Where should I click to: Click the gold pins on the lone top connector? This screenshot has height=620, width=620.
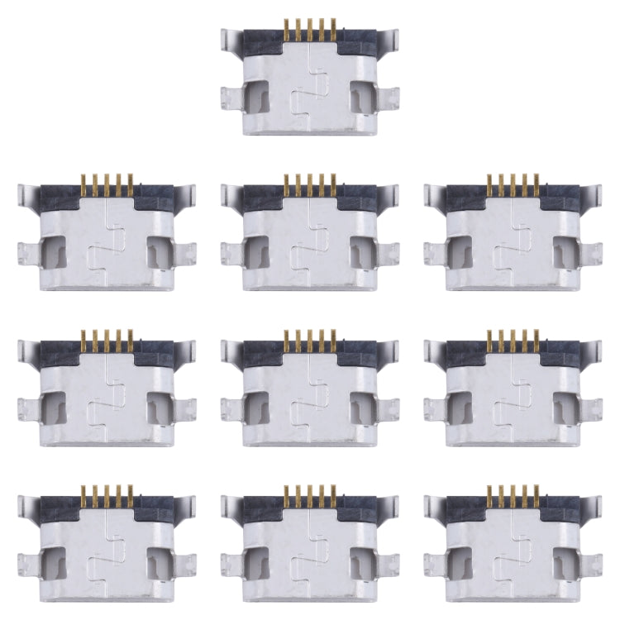coord(310,31)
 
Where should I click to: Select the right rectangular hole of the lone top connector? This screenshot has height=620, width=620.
coord(361,97)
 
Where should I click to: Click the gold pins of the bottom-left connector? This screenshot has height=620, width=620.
coord(107,498)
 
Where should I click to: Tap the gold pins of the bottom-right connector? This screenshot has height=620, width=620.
coord(513,498)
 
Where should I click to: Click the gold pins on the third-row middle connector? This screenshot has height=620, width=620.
coord(310,341)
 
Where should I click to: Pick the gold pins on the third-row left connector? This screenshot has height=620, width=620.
coord(107,341)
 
